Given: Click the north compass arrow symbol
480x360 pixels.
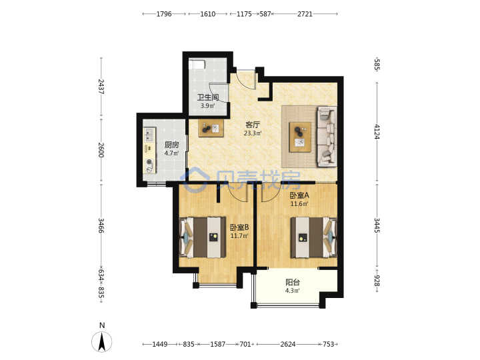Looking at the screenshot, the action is tap(102, 341).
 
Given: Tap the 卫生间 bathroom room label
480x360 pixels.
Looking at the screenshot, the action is tap(208, 97).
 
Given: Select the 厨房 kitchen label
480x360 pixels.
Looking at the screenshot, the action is tap(171, 145).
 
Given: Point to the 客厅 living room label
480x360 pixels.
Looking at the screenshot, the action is tap(253, 125).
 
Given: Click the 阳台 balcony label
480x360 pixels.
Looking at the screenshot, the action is tap(293, 282).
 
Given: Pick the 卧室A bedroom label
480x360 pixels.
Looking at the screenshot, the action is tap(299, 195).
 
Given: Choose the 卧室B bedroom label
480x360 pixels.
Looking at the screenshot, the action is tap(239, 227).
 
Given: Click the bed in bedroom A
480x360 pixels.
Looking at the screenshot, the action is tap(313, 237).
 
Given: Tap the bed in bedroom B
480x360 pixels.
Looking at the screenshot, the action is tap(203, 237).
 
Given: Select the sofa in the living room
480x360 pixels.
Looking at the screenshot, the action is tap(327, 137).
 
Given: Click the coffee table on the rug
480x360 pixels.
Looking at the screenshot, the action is tap(300, 137).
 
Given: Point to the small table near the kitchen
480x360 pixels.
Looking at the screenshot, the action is tap(211, 128).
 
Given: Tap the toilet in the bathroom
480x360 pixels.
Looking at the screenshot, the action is tap(197, 65).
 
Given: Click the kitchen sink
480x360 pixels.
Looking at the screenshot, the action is tap(149, 134).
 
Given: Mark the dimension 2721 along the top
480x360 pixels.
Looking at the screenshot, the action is tap(305, 14).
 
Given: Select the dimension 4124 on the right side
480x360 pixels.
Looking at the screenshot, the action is tap(377, 132).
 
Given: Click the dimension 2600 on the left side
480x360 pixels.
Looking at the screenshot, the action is tap(101, 150).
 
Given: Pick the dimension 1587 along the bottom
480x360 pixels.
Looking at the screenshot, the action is tap(217, 345).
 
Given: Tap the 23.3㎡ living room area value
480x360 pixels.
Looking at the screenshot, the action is tap(253, 133).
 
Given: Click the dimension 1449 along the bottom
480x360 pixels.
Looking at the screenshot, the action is tap(160, 345).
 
